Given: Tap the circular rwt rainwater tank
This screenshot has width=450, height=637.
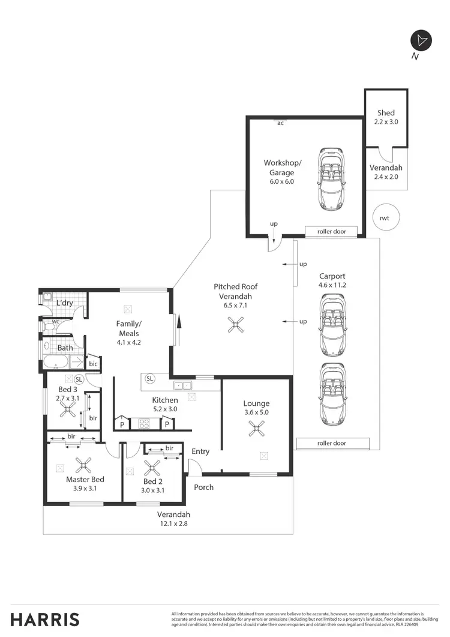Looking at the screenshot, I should coord(384,218).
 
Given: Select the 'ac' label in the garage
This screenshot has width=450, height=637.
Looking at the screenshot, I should coord(280,123).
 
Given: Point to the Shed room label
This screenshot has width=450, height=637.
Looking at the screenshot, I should coord(386,113).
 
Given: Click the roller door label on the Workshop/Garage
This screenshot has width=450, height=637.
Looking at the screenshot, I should coord(331,231).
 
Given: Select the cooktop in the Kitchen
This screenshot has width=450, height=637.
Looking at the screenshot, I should coord(144,423).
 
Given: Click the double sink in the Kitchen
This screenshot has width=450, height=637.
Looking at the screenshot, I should coord(182,385).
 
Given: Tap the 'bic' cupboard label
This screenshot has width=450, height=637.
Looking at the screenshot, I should coord(93,364).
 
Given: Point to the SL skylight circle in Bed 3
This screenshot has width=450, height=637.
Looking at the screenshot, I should coord(79,379).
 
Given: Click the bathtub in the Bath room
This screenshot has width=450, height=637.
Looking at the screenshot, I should coord(56,362).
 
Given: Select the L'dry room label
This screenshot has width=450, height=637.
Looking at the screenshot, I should coord(64,303).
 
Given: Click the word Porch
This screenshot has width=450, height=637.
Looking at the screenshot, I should coord(203,487).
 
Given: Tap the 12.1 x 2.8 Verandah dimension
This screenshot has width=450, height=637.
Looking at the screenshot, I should coord(173,524).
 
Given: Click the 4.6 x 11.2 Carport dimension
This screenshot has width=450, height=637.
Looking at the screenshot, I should coord(332,285).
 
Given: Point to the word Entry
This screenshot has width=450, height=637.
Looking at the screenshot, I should coord(200,451).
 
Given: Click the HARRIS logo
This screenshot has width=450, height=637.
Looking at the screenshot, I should coord(45,620).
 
